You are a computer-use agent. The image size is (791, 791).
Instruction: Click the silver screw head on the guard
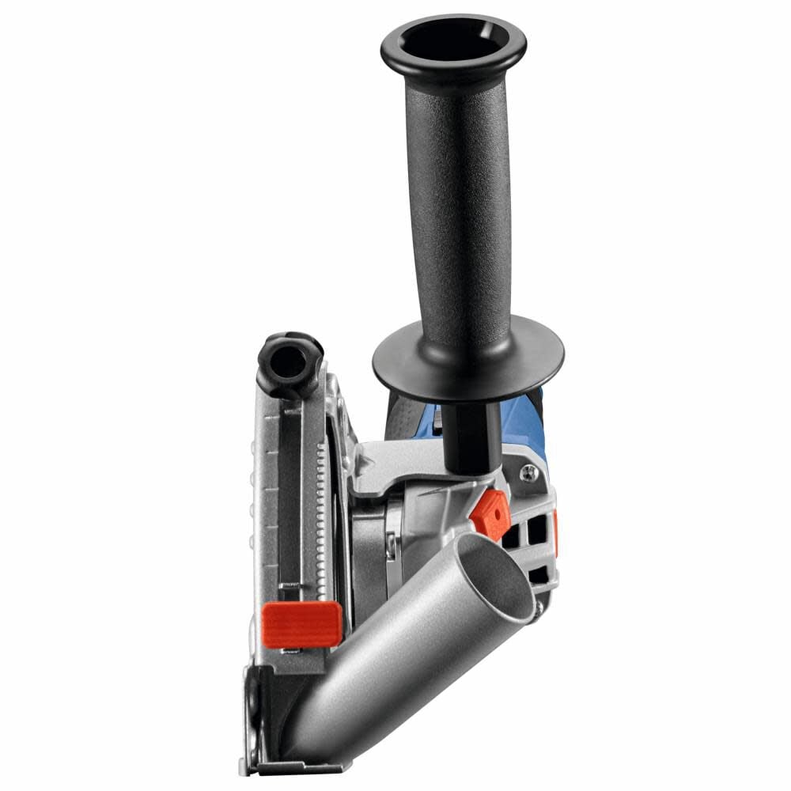pos(528,474)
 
